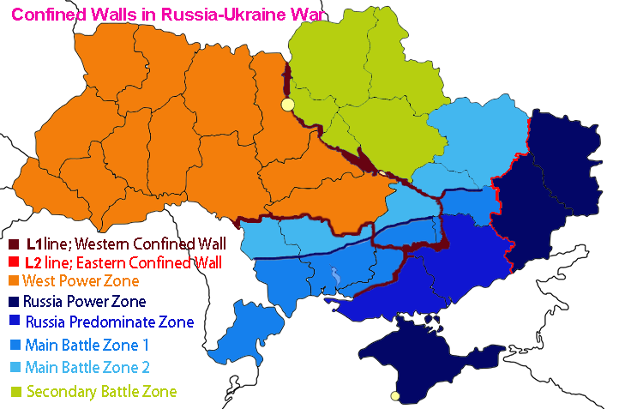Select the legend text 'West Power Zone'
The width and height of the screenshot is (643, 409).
coord(81,280)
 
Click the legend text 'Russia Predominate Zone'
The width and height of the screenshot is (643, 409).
coord(110,322)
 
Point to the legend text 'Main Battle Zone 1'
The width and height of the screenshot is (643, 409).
coord(93,346)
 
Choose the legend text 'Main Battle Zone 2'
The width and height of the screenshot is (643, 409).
coord(94,368)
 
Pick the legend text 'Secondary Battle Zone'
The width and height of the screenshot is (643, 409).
coord(101,392)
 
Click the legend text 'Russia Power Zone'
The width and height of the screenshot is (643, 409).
coord(84,302)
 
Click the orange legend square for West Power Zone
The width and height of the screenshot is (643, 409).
coord(15,280)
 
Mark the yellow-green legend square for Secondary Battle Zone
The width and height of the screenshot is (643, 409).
coord(15,392)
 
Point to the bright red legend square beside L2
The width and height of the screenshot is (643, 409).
coord(15,262)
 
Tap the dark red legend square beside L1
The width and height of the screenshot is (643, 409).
coord(15,244)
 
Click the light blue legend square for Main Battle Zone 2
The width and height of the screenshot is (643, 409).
coord(15,368)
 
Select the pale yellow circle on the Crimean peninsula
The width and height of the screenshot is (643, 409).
coord(394,395)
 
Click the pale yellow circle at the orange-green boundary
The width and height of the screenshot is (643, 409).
coord(288,105)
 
